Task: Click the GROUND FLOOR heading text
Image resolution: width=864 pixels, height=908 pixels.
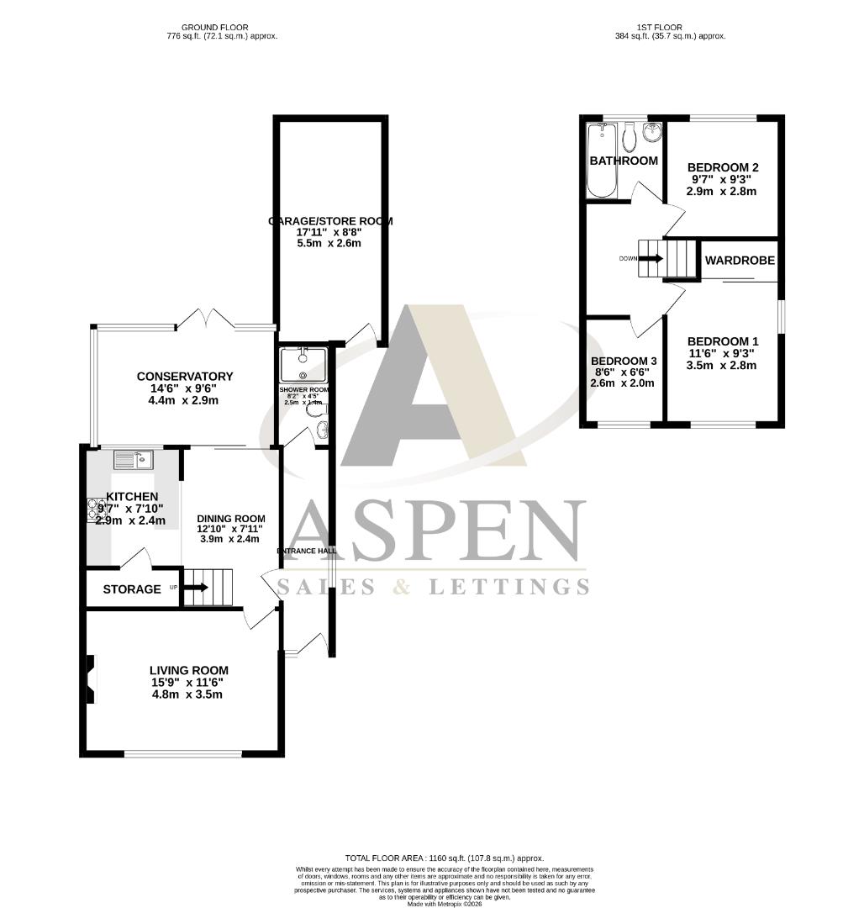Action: pyautogui.click(x=222, y=27)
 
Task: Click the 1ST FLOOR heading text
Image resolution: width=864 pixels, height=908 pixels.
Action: pyautogui.click(x=670, y=27)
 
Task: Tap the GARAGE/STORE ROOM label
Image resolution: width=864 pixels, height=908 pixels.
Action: pyautogui.click(x=330, y=221)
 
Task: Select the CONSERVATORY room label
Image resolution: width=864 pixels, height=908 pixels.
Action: pyautogui.click(x=185, y=377)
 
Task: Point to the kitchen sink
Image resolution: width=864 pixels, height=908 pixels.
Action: pyautogui.click(x=133, y=459)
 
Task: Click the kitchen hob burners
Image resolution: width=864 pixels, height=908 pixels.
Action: pyautogui.click(x=92, y=510)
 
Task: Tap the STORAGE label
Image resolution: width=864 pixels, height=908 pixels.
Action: pyautogui.click(x=132, y=589)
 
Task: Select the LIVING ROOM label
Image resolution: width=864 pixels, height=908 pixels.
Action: pyautogui.click(x=189, y=670)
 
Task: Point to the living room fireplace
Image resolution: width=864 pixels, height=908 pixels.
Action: pyautogui.click(x=92, y=679)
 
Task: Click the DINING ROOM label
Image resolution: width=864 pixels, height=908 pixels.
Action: pyautogui.click(x=231, y=519)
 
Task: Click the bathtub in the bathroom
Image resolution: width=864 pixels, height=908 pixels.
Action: pyautogui.click(x=600, y=161)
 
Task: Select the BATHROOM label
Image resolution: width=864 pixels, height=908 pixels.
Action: pyautogui.click(x=623, y=161)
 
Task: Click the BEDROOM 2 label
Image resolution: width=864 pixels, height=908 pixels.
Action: pyautogui.click(x=723, y=167)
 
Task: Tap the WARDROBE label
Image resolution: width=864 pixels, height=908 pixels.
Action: pyautogui.click(x=740, y=261)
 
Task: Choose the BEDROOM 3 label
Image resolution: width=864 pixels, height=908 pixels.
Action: pyautogui.click(x=624, y=361)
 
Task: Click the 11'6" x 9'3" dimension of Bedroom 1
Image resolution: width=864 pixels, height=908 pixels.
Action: pyautogui.click(x=723, y=353)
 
